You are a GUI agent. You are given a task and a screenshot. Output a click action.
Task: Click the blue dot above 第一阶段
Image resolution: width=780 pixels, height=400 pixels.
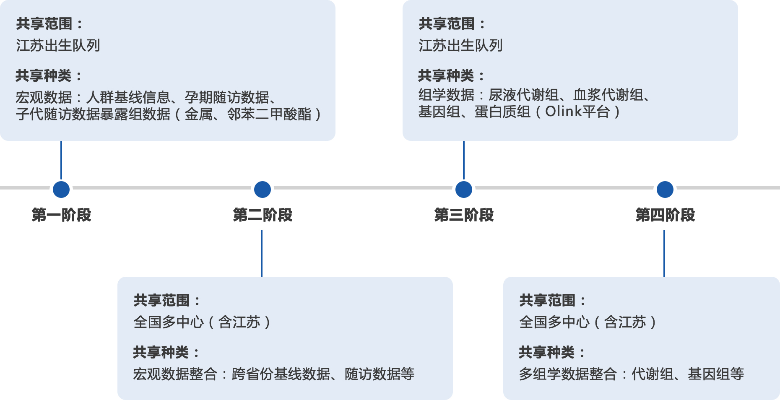click(x=61, y=190)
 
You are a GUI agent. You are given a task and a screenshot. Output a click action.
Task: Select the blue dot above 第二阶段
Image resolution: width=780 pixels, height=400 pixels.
click(x=263, y=190)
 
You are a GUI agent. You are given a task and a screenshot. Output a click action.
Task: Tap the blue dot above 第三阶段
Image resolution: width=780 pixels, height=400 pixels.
click(x=464, y=190)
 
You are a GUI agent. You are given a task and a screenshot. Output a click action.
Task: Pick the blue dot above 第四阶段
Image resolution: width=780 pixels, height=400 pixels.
click(x=665, y=190)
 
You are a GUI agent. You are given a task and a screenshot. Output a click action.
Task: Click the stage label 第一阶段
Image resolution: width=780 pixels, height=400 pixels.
click(x=61, y=215)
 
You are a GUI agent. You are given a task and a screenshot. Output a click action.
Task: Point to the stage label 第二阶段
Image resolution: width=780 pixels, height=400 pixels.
click(x=263, y=215)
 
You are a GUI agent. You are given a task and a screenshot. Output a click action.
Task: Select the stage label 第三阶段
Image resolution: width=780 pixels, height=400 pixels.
click(x=464, y=215)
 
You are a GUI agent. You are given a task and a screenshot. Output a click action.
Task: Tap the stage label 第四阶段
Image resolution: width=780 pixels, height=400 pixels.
click(x=665, y=215)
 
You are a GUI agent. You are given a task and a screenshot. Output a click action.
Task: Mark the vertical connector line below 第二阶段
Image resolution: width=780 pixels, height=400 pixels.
click(x=262, y=253)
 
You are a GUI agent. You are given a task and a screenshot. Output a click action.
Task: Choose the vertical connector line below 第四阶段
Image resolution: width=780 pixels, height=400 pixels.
click(x=664, y=253)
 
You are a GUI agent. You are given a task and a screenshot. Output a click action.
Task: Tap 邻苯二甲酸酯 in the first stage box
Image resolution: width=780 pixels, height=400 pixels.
click(x=269, y=114)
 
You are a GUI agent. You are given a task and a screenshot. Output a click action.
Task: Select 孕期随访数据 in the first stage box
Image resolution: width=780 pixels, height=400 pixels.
click(x=226, y=97)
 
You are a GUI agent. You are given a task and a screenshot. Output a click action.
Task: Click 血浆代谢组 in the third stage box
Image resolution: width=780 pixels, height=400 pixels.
click(x=608, y=95)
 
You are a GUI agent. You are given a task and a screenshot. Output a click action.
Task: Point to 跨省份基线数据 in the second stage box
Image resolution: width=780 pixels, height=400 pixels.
click(x=281, y=374)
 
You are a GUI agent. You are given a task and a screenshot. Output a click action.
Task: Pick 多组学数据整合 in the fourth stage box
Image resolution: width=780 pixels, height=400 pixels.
click(x=568, y=374)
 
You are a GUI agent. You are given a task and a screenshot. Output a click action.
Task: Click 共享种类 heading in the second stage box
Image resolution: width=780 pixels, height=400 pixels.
click(x=161, y=352)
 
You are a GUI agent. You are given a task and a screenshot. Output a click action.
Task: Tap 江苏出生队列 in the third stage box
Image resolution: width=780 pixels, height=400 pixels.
click(x=460, y=45)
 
